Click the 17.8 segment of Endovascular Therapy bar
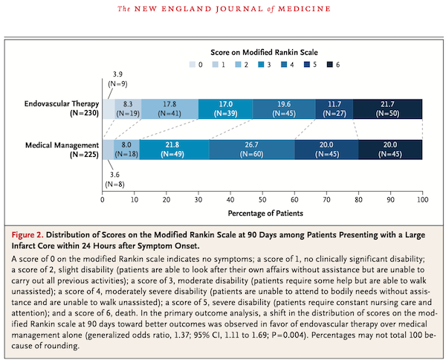169,109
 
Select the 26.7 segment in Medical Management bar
252,150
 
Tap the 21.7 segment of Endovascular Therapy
387,109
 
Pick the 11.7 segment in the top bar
334,109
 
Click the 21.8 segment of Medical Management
175,150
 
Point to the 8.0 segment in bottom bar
126,150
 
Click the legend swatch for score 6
329,65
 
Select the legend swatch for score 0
193,65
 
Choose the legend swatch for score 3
261,65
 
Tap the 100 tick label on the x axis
423,199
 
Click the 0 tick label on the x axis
103,199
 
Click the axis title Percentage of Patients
265,213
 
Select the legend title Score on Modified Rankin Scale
264,52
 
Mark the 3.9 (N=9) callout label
117,79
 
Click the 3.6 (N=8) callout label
114,179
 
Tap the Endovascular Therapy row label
62,108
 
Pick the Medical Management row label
62,150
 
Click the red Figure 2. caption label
28,235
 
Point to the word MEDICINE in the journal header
304,9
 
